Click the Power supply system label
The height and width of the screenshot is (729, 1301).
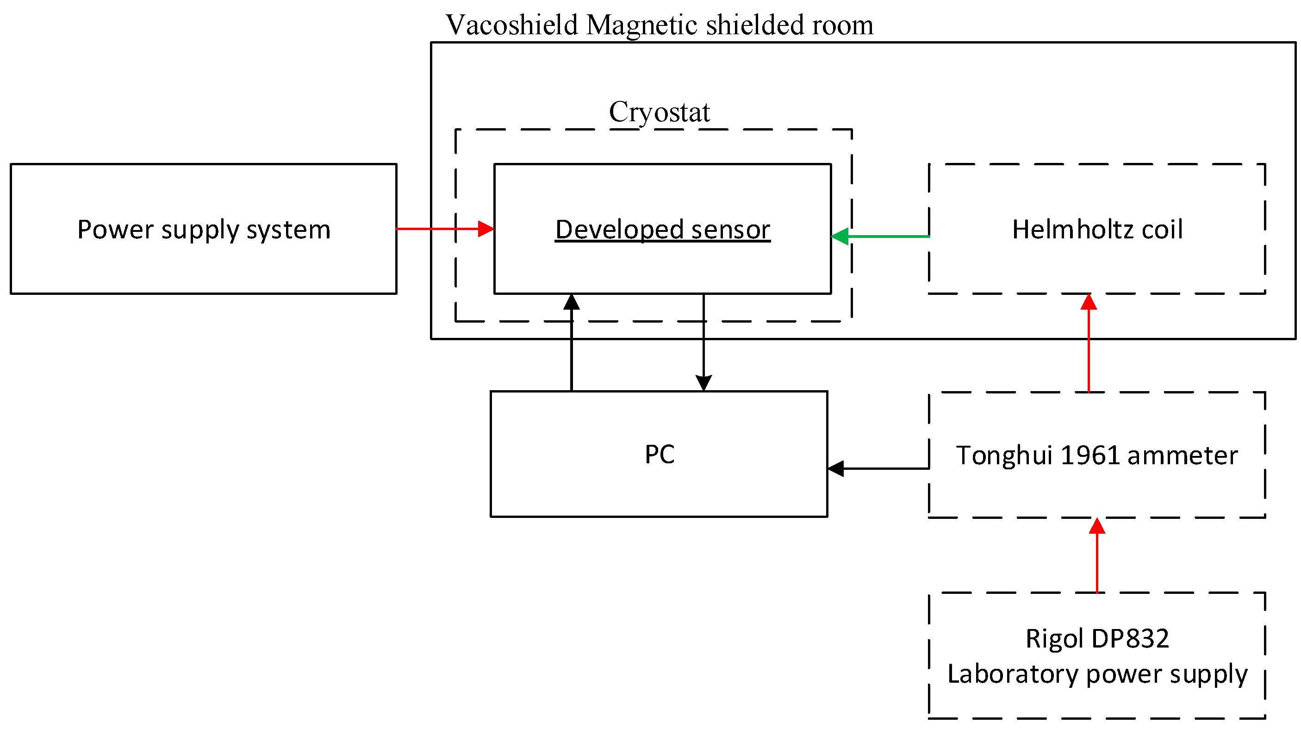click(x=204, y=230)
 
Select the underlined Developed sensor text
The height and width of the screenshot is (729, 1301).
click(x=662, y=230)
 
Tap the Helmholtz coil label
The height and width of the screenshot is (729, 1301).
click(x=1097, y=230)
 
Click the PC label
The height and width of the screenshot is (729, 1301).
click(x=659, y=454)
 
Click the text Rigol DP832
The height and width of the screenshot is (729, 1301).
click(x=1096, y=639)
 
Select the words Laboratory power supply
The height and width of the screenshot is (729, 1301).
click(x=1097, y=674)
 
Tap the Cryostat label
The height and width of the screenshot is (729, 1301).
click(x=659, y=112)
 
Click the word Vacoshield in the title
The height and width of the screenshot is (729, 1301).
click(x=511, y=25)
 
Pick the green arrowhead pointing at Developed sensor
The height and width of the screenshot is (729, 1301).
click(x=840, y=237)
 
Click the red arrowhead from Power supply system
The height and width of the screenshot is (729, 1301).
click(x=486, y=229)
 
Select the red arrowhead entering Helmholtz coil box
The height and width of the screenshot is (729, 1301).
click(x=1089, y=302)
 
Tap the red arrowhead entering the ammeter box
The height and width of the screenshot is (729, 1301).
click(x=1097, y=526)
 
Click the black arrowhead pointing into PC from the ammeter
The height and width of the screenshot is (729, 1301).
click(x=836, y=468)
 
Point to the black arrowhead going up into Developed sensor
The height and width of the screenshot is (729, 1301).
click(x=571, y=302)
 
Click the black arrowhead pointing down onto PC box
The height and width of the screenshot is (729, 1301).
click(x=703, y=382)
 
